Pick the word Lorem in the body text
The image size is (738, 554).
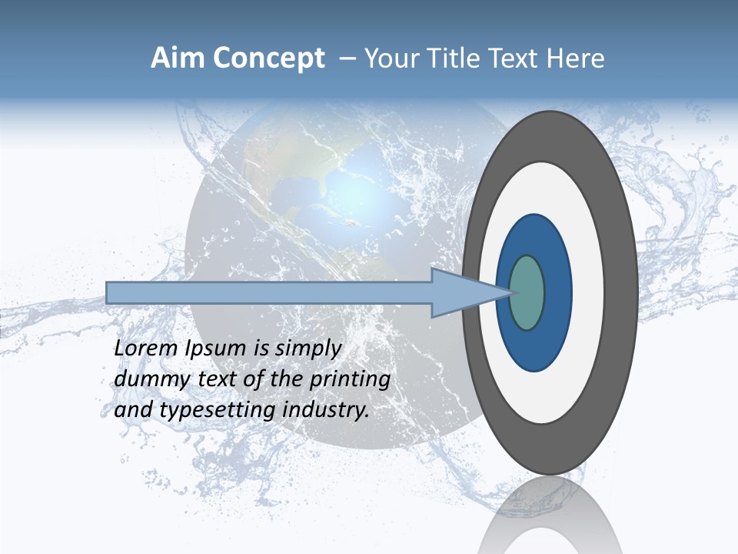[x=147, y=349]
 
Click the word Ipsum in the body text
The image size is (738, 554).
[x=217, y=349]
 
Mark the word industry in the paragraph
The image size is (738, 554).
[x=326, y=410]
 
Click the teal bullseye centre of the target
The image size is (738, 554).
[x=527, y=292]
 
